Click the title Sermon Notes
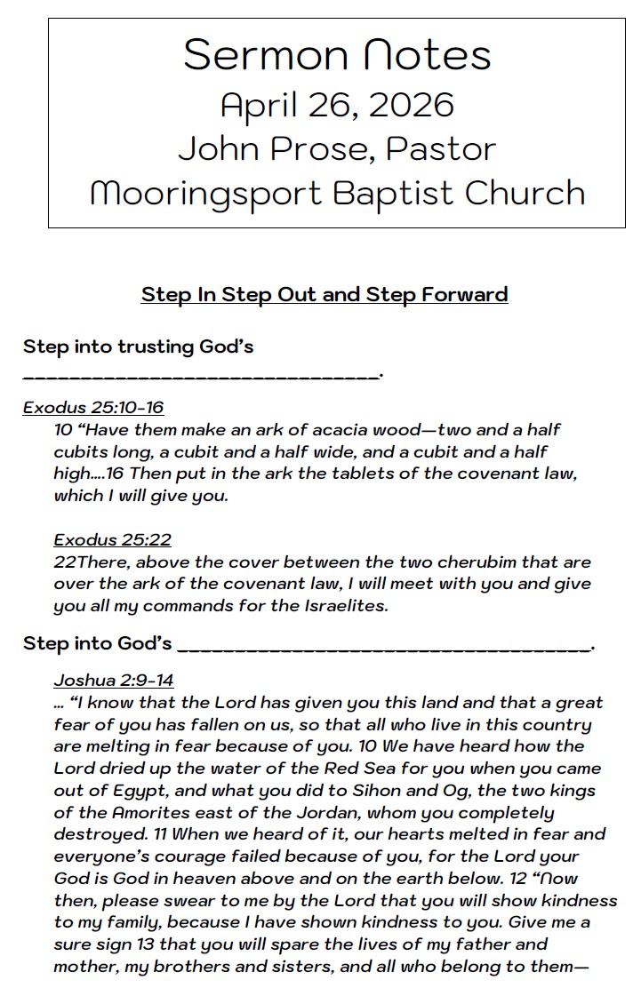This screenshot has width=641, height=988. [337, 55]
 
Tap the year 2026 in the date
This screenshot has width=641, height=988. [411, 105]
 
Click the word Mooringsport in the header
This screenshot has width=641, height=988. [206, 194]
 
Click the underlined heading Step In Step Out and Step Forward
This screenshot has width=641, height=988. [325, 294]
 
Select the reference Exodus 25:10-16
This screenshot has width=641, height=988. [93, 408]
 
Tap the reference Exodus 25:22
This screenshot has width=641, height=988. [112, 540]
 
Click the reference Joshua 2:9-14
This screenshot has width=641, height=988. [113, 681]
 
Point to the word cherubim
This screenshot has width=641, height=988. [481, 562]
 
